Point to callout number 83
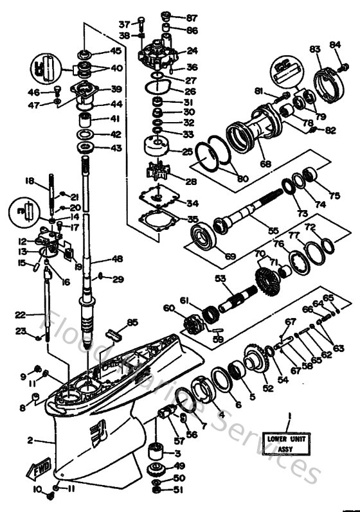tap(315, 49)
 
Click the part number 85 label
tap(132, 322)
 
